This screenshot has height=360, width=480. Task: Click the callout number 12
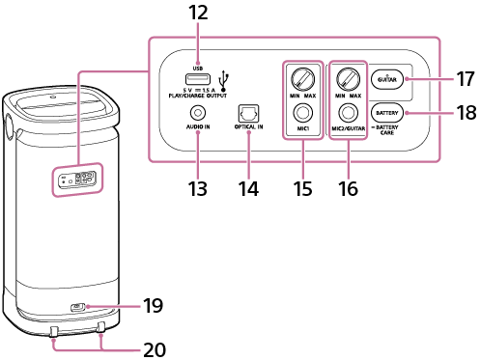tap(198, 14)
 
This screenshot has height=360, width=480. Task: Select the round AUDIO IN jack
tap(198, 113)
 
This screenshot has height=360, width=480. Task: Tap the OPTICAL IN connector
tap(249, 113)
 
